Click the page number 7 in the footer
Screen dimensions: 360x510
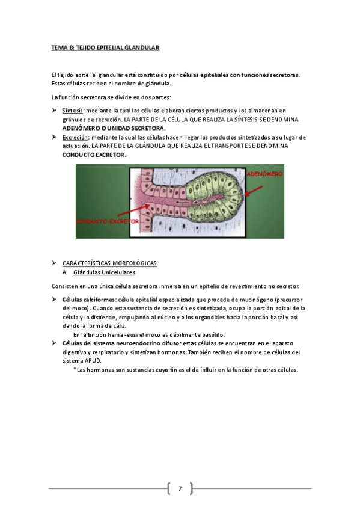179,488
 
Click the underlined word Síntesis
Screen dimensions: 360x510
72,111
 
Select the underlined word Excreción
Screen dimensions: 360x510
74,137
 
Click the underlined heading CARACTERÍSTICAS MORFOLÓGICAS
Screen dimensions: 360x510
109,263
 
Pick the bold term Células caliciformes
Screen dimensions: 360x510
89,299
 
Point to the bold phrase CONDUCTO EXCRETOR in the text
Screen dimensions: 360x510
94,155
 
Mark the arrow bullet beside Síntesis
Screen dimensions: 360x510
55,111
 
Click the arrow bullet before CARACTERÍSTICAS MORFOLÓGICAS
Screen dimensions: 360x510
55,263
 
